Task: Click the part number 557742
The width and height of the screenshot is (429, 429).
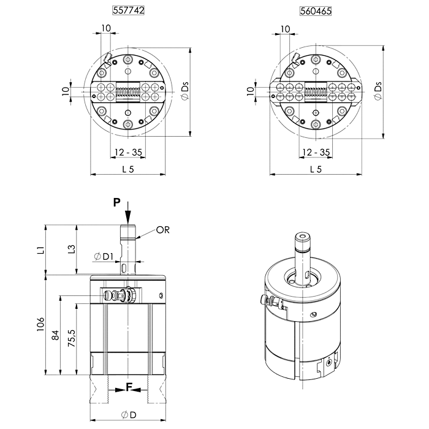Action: (x=128, y=10)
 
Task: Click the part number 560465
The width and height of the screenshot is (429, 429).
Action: (x=316, y=11)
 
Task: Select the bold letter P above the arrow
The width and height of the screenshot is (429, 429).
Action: (x=117, y=203)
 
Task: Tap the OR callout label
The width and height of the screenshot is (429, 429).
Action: (x=163, y=230)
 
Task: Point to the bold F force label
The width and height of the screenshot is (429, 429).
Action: (x=129, y=387)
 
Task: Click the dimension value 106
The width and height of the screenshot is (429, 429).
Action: (x=40, y=324)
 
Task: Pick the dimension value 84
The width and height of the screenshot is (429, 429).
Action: (x=56, y=335)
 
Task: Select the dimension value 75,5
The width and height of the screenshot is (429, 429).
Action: (x=72, y=338)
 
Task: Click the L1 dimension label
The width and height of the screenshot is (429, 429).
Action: (x=41, y=250)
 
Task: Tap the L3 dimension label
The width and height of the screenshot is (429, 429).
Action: (x=72, y=249)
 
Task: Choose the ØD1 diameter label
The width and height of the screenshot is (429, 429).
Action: (x=104, y=257)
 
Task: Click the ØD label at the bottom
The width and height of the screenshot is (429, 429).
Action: (x=129, y=415)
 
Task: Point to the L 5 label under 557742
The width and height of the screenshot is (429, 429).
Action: (x=128, y=169)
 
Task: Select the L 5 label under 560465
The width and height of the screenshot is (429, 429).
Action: (x=316, y=169)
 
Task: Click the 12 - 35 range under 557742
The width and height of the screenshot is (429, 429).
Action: (x=128, y=152)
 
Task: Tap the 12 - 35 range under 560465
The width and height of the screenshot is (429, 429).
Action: (x=316, y=152)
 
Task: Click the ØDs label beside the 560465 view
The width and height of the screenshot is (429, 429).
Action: (x=378, y=91)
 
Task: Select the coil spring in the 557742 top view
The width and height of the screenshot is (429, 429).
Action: (x=128, y=92)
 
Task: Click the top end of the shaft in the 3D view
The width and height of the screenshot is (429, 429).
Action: (x=302, y=236)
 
